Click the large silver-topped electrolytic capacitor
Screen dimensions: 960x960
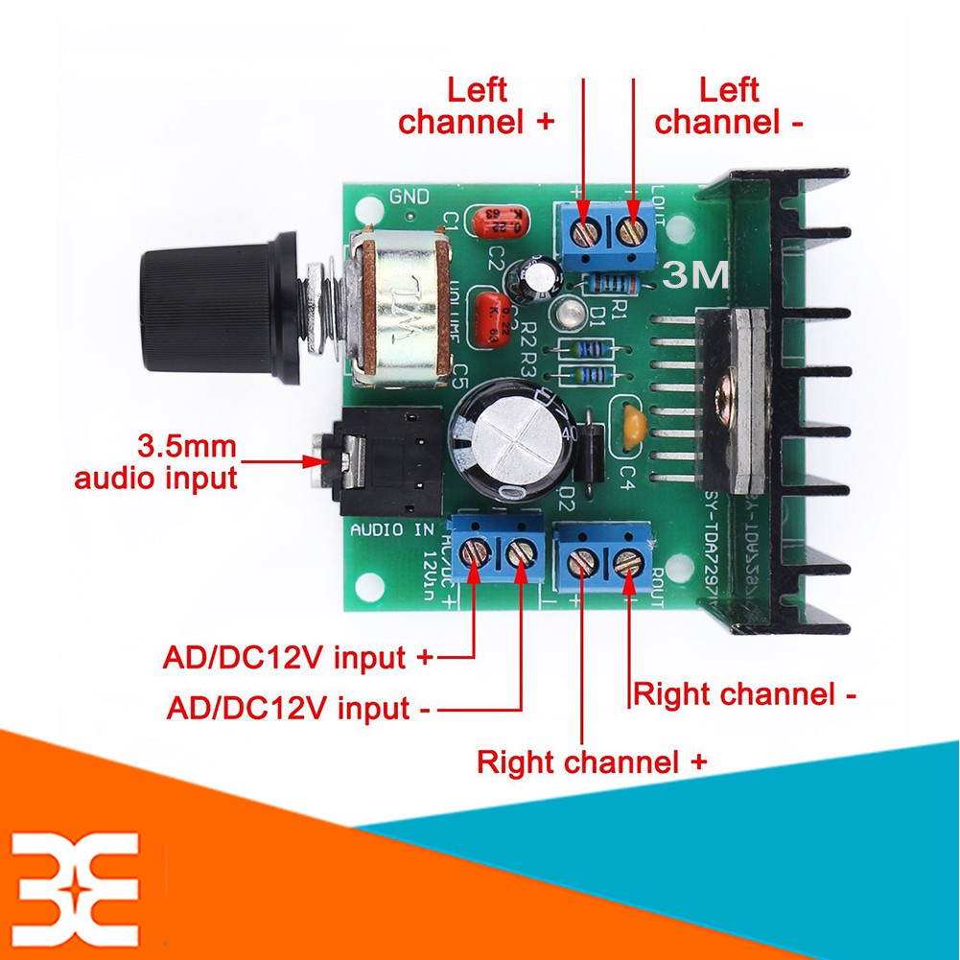coord(512,436)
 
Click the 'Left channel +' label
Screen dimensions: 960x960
coord(477,106)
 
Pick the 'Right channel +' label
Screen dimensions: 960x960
coord(592,762)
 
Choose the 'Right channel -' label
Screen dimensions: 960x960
coord(744,693)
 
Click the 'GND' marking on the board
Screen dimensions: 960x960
coord(410,197)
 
